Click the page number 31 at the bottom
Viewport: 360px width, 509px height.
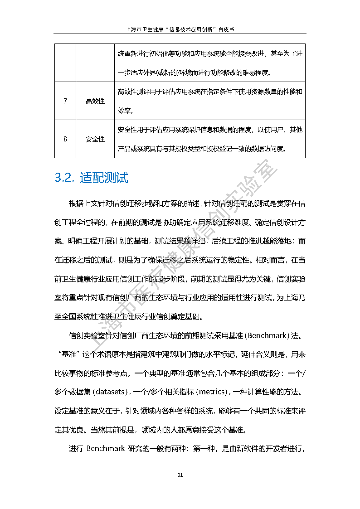(x=180, y=475)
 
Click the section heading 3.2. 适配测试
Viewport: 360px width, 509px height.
(x=91, y=178)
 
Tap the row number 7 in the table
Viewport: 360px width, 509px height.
(x=65, y=101)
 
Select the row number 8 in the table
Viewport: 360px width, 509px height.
(x=65, y=139)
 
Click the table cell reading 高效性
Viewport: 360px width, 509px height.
(x=95, y=101)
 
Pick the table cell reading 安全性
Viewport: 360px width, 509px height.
(x=95, y=139)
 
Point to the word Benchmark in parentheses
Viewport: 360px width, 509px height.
(x=267, y=336)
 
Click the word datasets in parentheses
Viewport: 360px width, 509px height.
(x=110, y=391)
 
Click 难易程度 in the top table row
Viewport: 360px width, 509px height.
(x=254, y=73)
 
